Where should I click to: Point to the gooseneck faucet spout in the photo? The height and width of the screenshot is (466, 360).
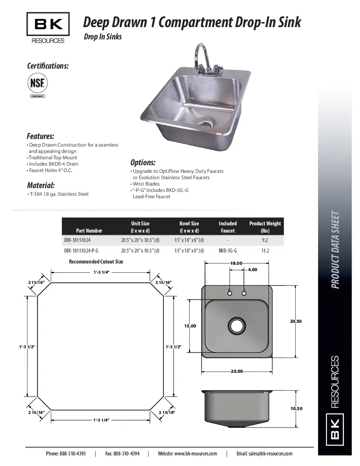tap(199, 53)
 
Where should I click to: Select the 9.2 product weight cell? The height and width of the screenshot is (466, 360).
tap(265, 240)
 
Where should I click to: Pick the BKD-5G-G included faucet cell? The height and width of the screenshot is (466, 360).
tap(227, 250)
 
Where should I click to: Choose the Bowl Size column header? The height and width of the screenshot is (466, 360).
tap(189, 227)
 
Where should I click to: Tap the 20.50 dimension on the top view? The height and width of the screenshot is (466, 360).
tap(296, 321)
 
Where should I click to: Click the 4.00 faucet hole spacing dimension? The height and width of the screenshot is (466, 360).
tap(252, 269)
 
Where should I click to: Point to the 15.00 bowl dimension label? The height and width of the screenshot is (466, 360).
tap(190, 326)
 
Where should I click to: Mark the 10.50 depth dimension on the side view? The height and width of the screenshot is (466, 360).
tap(296, 408)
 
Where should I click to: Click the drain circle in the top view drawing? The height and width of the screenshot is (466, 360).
tap(236, 326)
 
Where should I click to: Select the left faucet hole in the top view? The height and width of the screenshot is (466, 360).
tap(230, 293)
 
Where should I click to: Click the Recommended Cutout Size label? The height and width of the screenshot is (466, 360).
tap(96, 262)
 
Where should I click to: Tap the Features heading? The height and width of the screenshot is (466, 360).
tap(41, 136)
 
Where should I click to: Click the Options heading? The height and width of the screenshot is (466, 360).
tap(143, 163)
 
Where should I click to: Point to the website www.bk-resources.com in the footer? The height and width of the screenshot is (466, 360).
tap(187, 453)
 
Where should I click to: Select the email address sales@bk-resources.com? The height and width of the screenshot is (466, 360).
tap(264, 453)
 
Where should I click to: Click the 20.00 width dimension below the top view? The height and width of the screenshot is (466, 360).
tap(237, 372)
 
